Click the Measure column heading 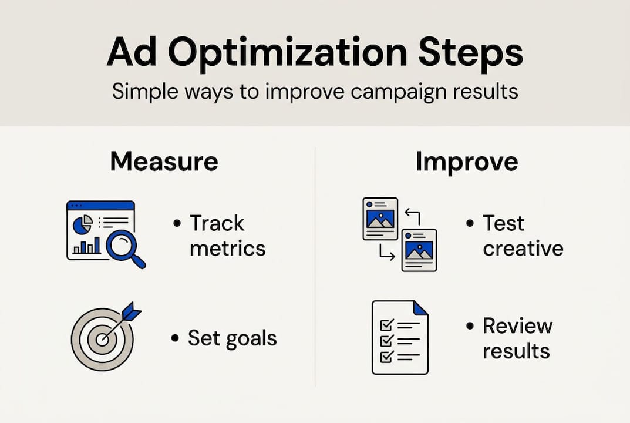click(x=164, y=162)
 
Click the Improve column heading click(x=467, y=162)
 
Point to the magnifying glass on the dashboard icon click(x=124, y=247)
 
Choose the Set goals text click(x=232, y=338)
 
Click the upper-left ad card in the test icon click(x=380, y=218)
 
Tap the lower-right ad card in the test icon click(x=419, y=250)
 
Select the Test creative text click(x=523, y=236)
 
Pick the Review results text click(x=517, y=338)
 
